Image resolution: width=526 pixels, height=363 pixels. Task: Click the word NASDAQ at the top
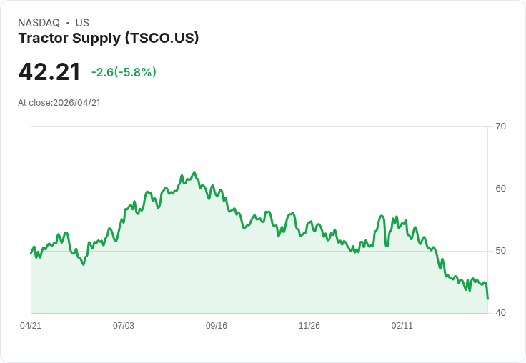pyautogui.click(x=39, y=23)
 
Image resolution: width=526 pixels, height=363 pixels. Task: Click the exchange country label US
pyautogui.click(x=82, y=23)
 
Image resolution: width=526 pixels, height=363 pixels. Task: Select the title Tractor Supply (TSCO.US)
pyautogui.click(x=109, y=39)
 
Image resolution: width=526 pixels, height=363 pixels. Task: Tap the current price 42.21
pyautogui.click(x=49, y=72)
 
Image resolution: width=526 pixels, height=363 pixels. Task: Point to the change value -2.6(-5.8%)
pyautogui.click(x=124, y=72)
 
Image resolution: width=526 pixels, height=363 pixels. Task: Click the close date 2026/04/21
pyautogui.click(x=76, y=103)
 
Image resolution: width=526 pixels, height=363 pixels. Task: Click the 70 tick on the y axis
pyautogui.click(x=500, y=126)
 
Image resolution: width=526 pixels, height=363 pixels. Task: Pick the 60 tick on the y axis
pyautogui.click(x=500, y=189)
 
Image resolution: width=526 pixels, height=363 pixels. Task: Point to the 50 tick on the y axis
pyautogui.click(x=500, y=251)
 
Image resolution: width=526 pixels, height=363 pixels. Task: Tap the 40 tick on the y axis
pyautogui.click(x=500, y=313)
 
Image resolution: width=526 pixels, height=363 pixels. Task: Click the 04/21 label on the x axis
pyautogui.click(x=31, y=326)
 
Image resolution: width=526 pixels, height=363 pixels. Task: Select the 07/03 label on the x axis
pyautogui.click(x=124, y=326)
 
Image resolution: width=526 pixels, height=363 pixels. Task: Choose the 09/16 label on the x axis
pyautogui.click(x=217, y=326)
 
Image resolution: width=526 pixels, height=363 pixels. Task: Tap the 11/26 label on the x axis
pyautogui.click(x=309, y=326)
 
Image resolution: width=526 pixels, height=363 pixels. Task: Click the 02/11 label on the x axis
pyautogui.click(x=402, y=326)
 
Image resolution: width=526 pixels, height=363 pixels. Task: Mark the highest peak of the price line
pyautogui.click(x=194, y=173)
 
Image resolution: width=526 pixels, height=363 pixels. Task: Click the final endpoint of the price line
pyautogui.click(x=487, y=299)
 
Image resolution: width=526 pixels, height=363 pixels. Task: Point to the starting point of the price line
pyautogui.click(x=31, y=253)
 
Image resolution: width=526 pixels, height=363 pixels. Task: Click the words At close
pyautogui.click(x=34, y=103)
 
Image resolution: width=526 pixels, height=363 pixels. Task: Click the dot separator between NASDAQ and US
pyautogui.click(x=67, y=23)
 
